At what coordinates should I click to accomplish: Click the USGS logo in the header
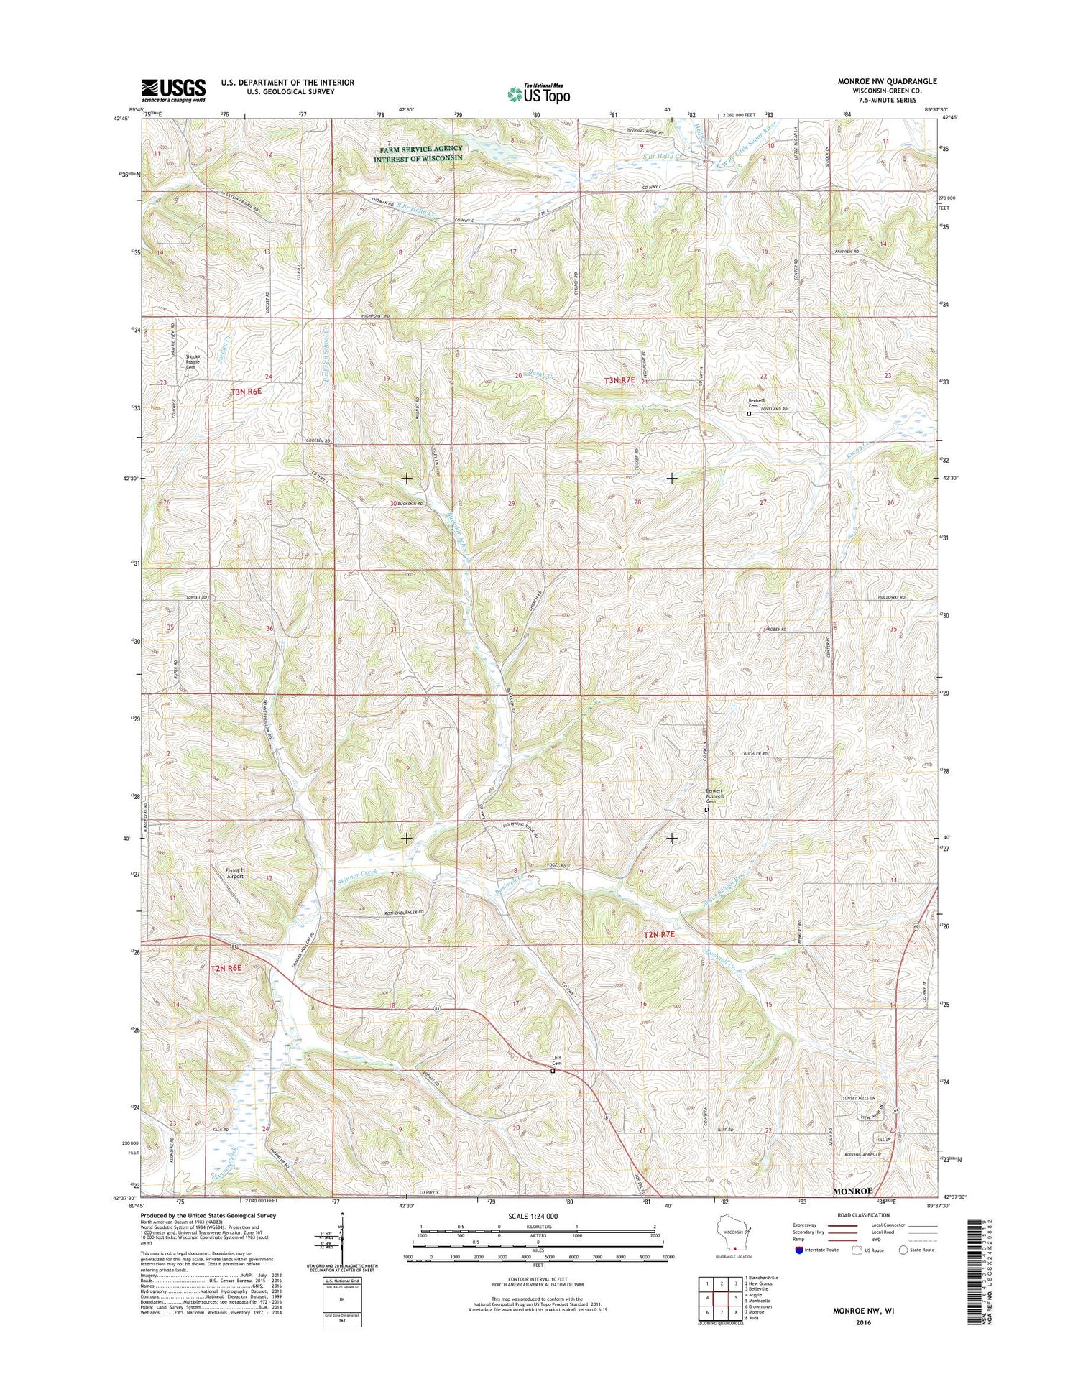[x=173, y=91]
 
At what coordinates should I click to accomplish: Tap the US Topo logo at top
[x=539, y=93]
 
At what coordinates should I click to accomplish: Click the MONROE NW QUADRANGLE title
[x=887, y=82]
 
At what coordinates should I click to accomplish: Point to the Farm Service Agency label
[x=418, y=154]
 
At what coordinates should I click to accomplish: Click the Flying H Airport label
[x=234, y=873]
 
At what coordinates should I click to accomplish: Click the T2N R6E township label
[x=229, y=969]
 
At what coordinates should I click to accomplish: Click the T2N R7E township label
[x=659, y=935]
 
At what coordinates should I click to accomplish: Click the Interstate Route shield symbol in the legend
[x=799, y=1250]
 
